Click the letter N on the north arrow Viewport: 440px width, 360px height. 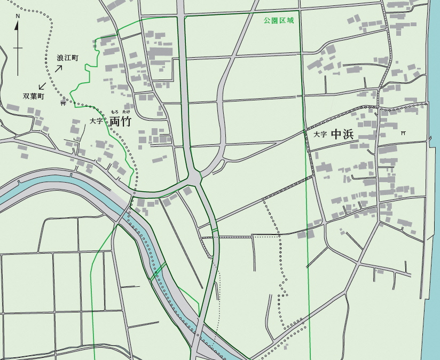pos(18,16)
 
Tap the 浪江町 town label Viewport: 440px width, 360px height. pos(68,58)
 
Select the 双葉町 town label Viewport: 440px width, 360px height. pos(33,97)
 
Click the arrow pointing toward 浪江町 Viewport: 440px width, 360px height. pos(59,68)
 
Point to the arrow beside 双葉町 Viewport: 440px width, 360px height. pos(42,85)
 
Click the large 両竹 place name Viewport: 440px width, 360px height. pos(120,122)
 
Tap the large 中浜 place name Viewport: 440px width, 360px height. pos(342,134)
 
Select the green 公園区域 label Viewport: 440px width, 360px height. pos(278,21)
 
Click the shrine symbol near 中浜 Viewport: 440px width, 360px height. pos(404,133)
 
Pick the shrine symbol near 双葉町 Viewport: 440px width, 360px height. pos(64,103)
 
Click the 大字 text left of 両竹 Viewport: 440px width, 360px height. pos(97,121)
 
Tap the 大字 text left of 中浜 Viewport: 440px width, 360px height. pos(320,135)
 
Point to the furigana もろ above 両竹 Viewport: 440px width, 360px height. pos(114,111)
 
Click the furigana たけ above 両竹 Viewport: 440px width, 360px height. pos(126,111)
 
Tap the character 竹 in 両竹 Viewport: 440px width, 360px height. pos(126,122)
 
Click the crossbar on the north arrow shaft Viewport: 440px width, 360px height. pos(18,48)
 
